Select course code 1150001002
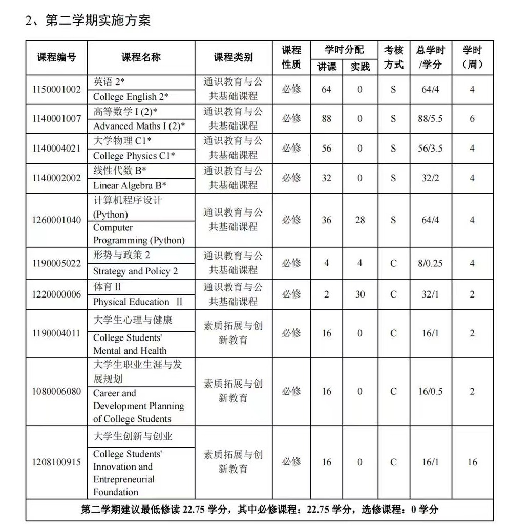56,89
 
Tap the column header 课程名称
141,57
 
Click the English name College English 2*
131,96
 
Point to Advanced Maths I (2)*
139,126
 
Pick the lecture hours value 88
326,119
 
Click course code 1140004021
56,149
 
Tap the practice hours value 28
360,220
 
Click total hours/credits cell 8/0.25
430,263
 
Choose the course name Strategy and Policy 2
135,271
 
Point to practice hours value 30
360,294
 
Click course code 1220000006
56,294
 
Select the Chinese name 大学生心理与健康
133,320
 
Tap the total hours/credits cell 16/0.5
430,392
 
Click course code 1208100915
56,462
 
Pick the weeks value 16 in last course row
472,462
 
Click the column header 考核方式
394,57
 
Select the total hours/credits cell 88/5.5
430,119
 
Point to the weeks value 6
472,119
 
